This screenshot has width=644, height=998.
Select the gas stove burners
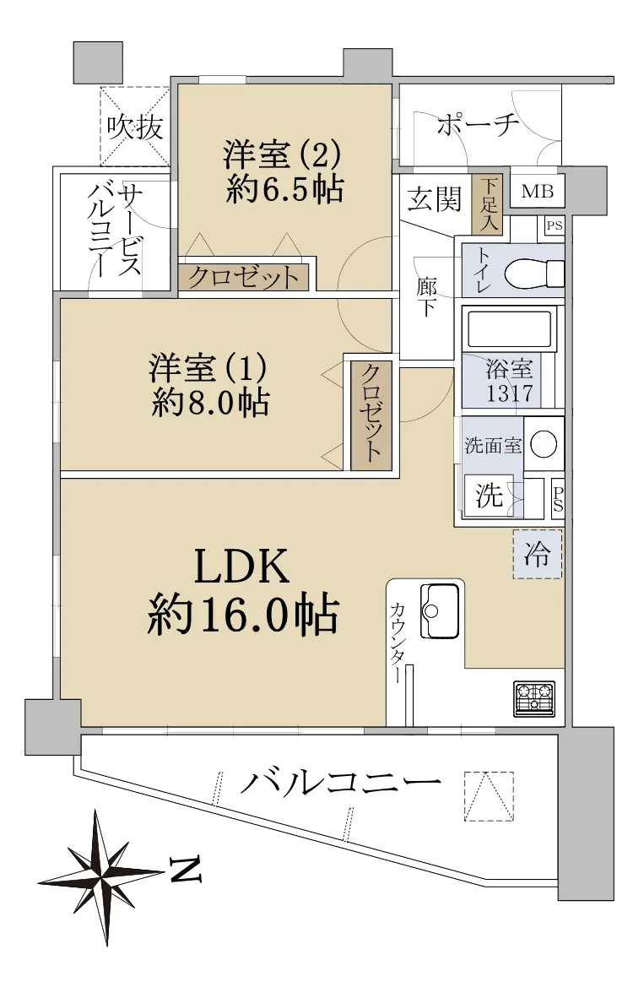(x=534, y=698)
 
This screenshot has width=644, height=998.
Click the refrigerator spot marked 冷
(x=538, y=554)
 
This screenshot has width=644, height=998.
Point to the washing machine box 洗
(x=489, y=495)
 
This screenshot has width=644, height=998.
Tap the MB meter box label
(x=538, y=191)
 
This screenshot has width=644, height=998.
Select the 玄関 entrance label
(x=434, y=199)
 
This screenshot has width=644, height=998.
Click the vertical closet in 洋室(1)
(x=371, y=415)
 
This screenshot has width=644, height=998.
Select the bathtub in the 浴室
(x=509, y=328)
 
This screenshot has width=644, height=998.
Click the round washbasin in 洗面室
(x=544, y=443)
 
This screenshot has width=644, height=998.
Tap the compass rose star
(x=101, y=877)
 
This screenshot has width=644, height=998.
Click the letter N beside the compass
(x=185, y=870)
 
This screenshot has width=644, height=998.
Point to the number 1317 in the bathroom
(x=510, y=393)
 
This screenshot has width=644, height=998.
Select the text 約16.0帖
(x=242, y=614)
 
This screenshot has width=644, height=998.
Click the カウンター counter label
(x=397, y=643)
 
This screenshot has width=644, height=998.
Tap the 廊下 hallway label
(x=427, y=296)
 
